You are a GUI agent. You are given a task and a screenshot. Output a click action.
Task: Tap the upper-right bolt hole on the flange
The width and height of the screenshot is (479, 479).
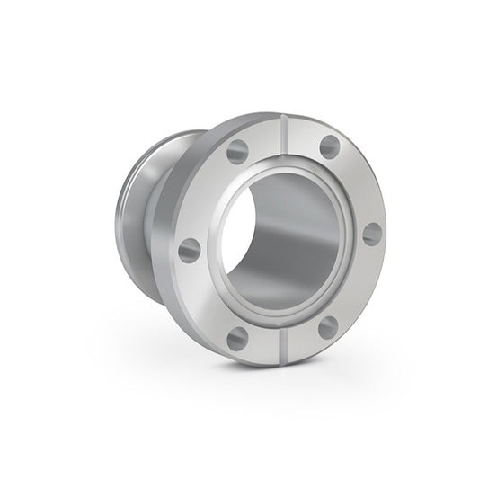[330, 147]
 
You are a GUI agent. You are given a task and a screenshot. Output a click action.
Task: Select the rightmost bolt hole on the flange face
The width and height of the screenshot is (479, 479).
[372, 234]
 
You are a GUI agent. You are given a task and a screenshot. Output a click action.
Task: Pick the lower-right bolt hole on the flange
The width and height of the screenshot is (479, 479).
[328, 326]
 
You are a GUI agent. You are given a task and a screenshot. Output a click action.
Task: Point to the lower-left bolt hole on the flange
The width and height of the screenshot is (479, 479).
[237, 338]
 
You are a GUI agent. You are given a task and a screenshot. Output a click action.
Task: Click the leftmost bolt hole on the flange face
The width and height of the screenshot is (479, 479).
[189, 251]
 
